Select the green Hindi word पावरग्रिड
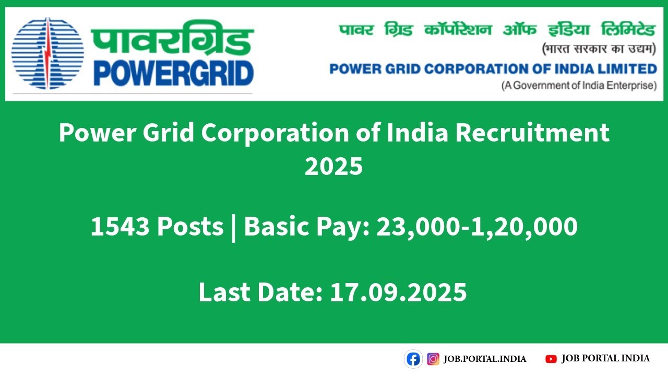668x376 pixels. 172,38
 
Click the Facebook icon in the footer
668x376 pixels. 413,359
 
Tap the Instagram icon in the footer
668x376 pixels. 433,359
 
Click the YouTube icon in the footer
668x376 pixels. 551,359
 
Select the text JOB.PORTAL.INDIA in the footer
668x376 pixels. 485,359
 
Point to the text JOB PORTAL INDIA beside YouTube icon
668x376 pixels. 605,358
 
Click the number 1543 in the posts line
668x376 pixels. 120,227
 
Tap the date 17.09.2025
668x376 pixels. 398,292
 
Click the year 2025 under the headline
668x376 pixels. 333,167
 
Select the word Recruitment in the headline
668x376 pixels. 532,133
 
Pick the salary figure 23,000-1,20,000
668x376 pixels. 476,227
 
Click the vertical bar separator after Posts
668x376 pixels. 233,228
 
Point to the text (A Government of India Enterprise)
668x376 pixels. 579,86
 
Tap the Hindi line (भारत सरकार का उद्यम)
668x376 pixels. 598,50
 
